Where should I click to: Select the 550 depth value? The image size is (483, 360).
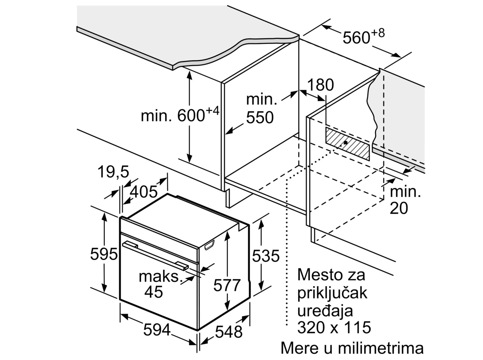(x=259, y=118)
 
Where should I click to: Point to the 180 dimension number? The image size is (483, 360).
(x=320, y=85)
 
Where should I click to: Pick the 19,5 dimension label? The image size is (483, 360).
(x=113, y=172)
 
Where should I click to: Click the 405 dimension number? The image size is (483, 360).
(x=144, y=192)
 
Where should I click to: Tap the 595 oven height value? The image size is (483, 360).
(x=104, y=254)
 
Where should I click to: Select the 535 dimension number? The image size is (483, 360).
(x=265, y=256)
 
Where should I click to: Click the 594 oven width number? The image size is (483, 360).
(x=157, y=330)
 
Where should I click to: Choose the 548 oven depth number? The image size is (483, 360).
(x=229, y=332)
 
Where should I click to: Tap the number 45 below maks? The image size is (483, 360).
(x=154, y=292)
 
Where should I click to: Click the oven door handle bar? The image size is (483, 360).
(x=156, y=255)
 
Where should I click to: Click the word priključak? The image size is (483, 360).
(x=332, y=293)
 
